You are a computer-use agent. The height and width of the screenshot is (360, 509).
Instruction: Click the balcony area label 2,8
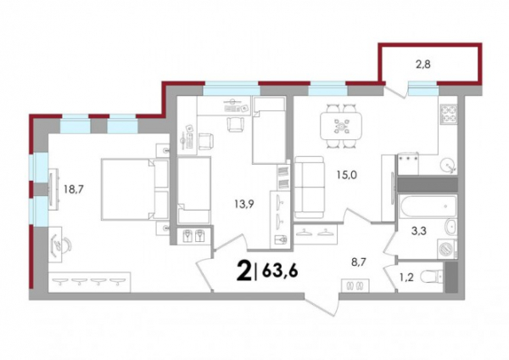(423, 65)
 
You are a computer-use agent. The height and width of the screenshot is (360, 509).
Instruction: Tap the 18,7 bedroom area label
(74, 188)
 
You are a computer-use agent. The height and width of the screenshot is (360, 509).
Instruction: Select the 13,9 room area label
(243, 204)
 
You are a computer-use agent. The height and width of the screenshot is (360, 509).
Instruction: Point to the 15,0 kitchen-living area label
(346, 175)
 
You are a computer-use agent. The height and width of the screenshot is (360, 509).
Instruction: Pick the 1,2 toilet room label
(406, 278)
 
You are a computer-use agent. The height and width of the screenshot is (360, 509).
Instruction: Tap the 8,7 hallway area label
(359, 262)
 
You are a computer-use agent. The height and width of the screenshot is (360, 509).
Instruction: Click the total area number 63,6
(280, 271)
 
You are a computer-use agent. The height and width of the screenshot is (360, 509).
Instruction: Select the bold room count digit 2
(244, 272)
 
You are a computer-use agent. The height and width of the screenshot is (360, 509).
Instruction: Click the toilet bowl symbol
(431, 277)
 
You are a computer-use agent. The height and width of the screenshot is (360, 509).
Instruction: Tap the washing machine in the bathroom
(447, 250)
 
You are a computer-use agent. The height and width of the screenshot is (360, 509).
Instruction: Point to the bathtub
(428, 206)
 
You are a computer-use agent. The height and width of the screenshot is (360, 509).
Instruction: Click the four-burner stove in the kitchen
(448, 115)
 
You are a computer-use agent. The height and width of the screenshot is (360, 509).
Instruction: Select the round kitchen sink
(448, 166)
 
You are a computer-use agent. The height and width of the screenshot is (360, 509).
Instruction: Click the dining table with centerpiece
(341, 126)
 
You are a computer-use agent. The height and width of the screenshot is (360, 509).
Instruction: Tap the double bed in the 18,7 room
(135, 189)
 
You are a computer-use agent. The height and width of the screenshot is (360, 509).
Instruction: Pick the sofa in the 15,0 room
(310, 187)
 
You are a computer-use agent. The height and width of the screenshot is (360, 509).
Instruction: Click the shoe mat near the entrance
(355, 285)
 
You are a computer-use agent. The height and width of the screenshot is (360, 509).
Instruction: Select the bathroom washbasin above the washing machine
(450, 227)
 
